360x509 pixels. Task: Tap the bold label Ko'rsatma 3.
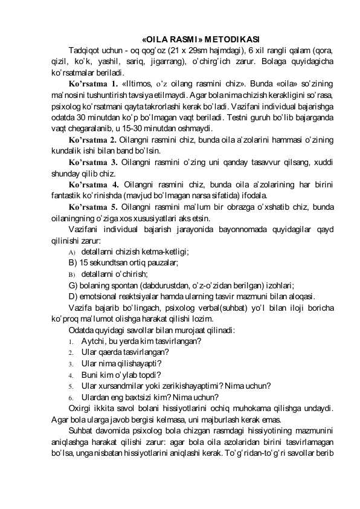click(94, 163)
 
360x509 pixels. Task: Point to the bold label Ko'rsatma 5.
click(94, 207)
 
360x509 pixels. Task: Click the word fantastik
click(68, 196)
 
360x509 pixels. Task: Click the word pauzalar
click(162, 262)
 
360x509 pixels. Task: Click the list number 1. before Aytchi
click(71, 342)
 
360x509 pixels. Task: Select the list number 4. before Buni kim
click(71, 375)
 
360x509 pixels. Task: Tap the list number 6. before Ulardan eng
click(71, 398)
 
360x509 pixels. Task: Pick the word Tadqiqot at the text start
click(86, 50)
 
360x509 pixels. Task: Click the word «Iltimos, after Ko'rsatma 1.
click(137, 83)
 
